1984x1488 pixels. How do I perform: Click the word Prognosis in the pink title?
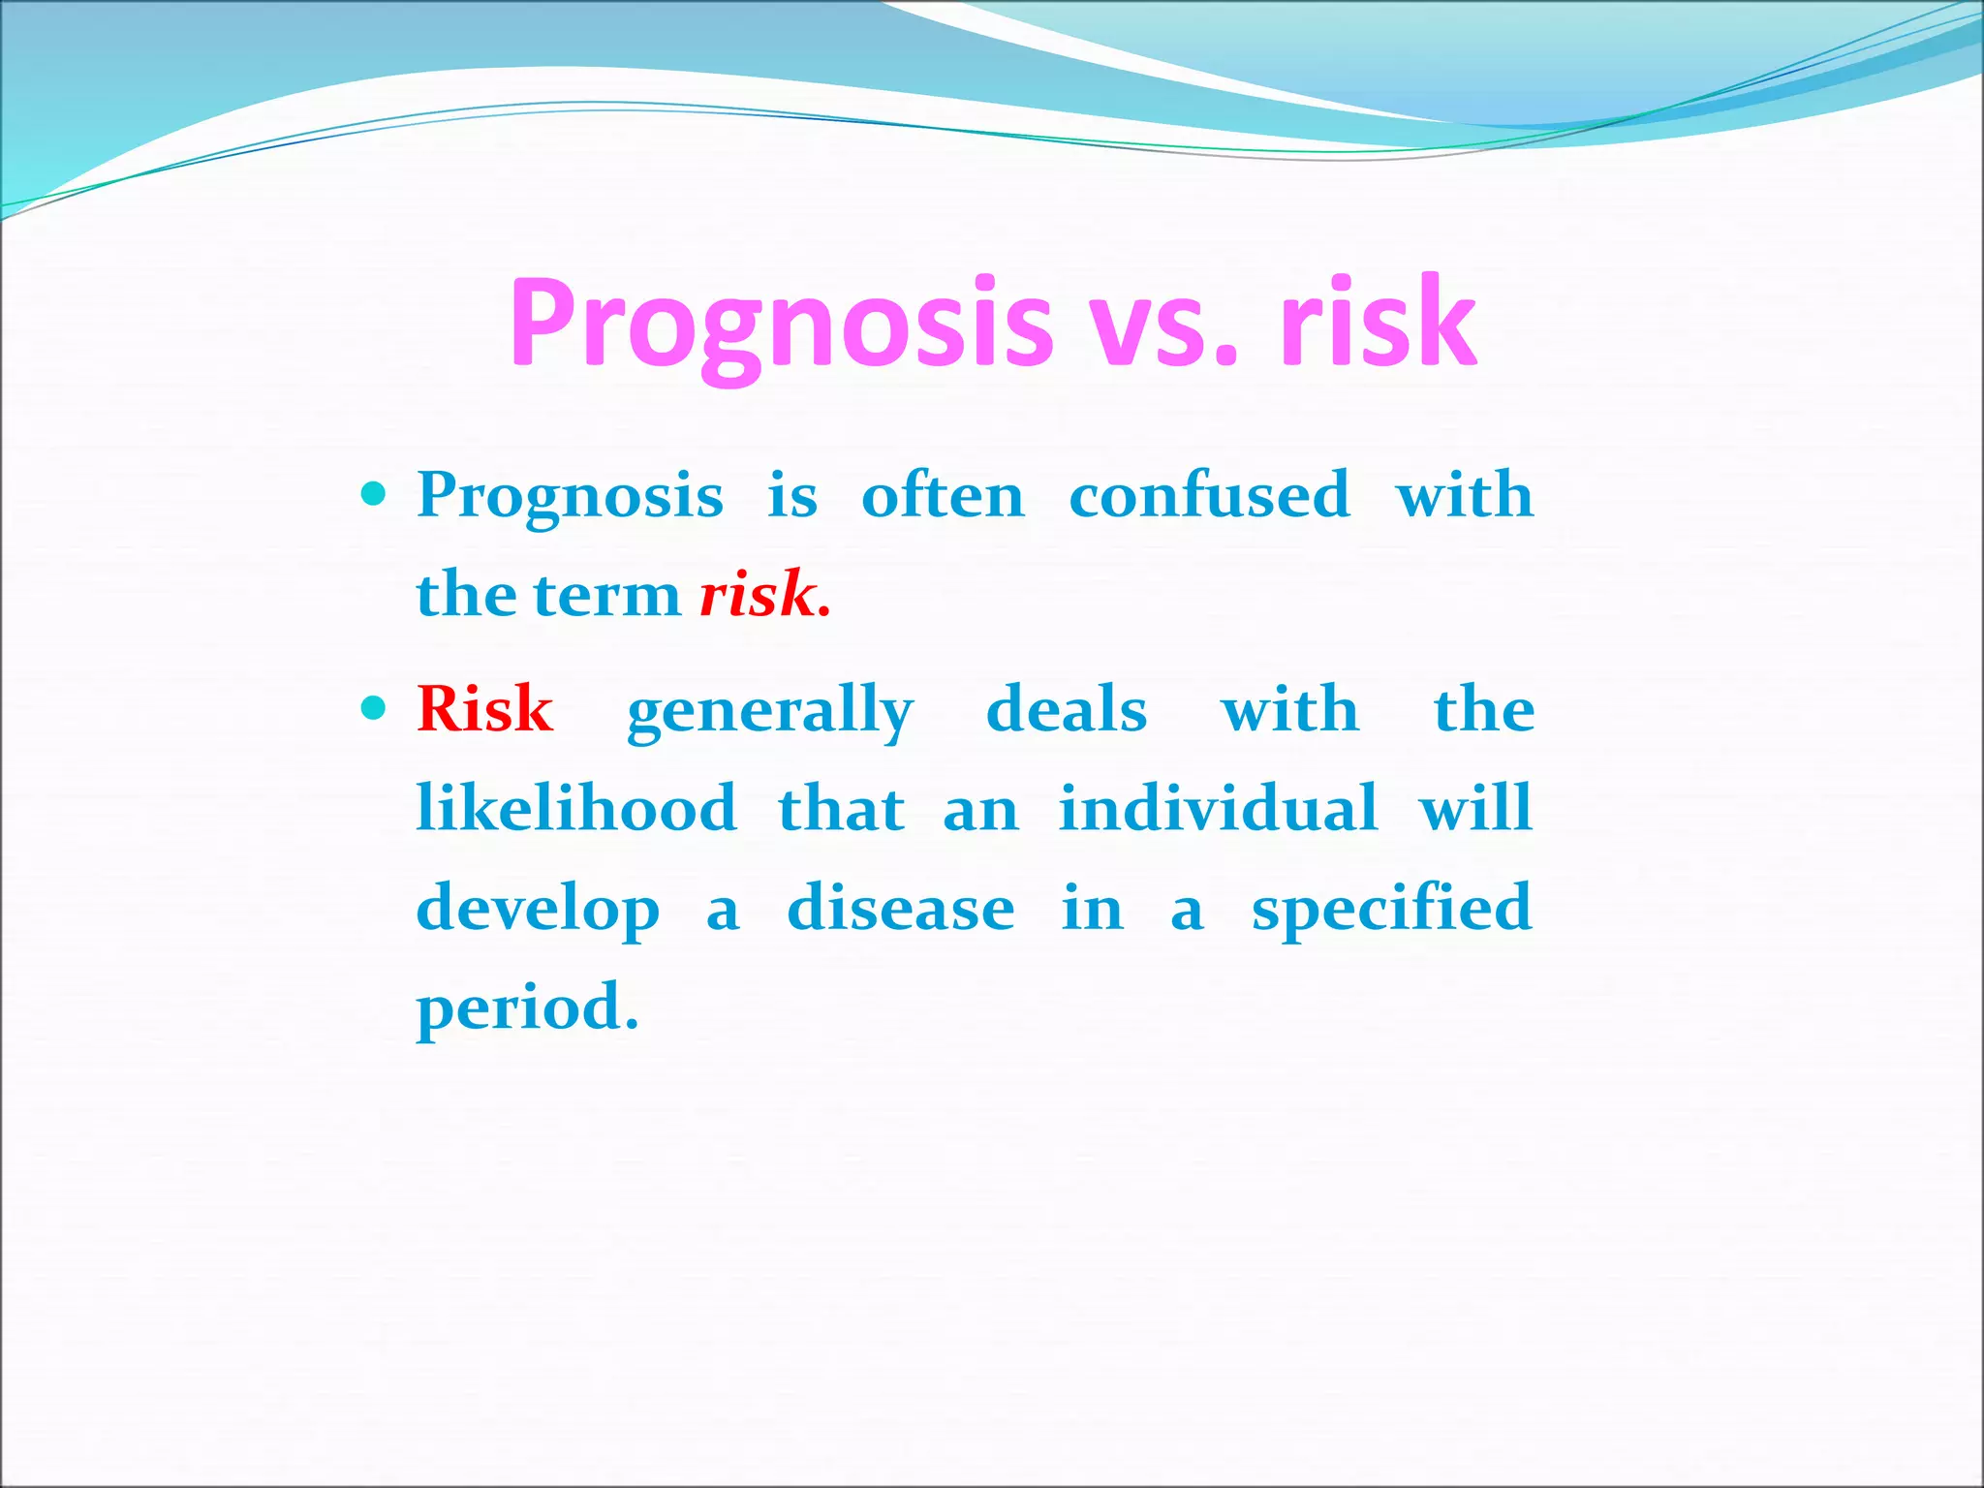point(781,325)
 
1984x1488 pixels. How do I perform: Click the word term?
point(607,596)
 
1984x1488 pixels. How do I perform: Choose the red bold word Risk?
point(484,709)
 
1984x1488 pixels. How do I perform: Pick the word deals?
point(1067,709)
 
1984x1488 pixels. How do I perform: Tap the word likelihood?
point(576,808)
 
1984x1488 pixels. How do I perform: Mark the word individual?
point(1218,808)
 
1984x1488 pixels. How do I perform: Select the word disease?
point(901,909)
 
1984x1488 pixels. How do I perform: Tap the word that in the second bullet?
point(841,808)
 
